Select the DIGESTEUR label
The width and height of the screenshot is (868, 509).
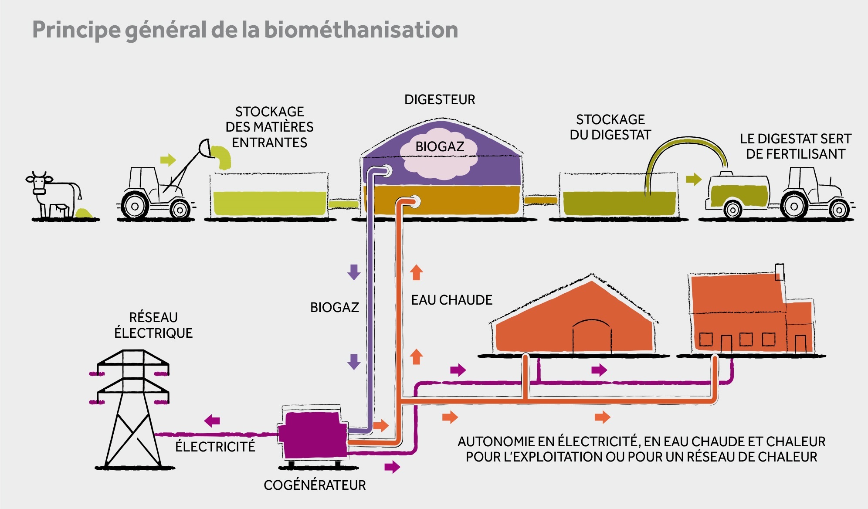[440, 100]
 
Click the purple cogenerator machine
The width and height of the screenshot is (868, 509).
[312, 434]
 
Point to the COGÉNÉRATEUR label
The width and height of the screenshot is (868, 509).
[315, 485]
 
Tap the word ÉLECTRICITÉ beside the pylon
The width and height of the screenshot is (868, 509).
[215, 447]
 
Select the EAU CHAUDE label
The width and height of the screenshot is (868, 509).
[451, 300]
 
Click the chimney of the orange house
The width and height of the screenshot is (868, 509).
[780, 272]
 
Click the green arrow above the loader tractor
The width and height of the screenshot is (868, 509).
[168, 160]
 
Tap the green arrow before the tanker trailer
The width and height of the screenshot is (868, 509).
[694, 179]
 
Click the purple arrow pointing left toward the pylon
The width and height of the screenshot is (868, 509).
[212, 421]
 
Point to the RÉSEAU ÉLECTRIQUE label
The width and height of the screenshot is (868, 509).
[153, 325]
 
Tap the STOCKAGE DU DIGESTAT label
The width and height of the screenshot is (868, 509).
[610, 127]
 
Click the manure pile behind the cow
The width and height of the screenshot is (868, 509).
[83, 213]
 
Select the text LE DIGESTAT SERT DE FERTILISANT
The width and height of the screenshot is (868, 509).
[795, 146]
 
